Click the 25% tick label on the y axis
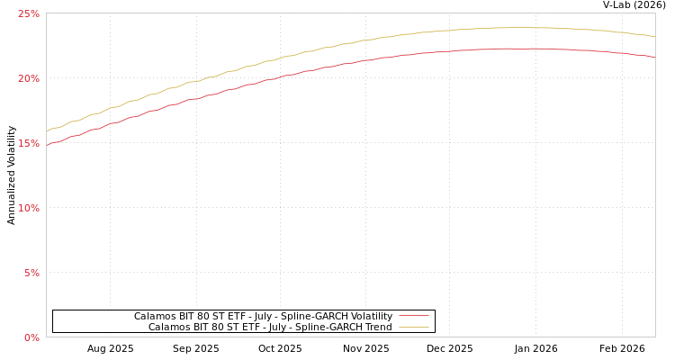pos(29,13)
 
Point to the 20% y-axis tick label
pos(29,78)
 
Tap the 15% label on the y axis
pos(29,143)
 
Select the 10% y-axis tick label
pos(29,208)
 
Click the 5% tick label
pos(31,273)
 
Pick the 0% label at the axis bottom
pos(31,337)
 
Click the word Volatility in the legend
pos(371,317)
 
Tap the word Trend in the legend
pos(376,328)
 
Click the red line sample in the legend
pos(413,317)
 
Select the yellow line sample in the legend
pos(413,328)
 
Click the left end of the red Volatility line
pos(47,144)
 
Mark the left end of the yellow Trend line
pos(47,131)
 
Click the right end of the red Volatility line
pos(654,57)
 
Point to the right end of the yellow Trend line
pos(654,36)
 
